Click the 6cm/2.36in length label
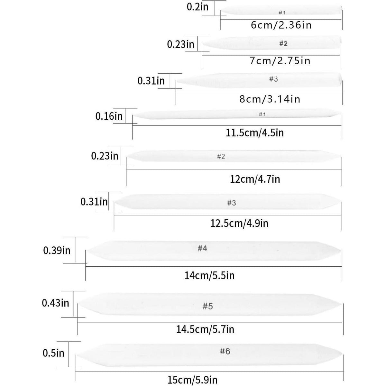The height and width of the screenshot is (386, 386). pos(281,25)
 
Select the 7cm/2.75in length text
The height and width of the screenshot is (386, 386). pos(280,61)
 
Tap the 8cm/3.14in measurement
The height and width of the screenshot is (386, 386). pos(270,99)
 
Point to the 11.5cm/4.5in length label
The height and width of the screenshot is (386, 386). pos(255,133)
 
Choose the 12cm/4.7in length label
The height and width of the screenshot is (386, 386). pos(255,179)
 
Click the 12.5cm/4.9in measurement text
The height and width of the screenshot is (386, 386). pos(239,223)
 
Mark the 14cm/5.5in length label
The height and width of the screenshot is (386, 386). pos(209,275)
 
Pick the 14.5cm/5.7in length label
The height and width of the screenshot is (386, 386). pos(205,329)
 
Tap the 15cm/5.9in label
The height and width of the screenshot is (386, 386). pos(192,380)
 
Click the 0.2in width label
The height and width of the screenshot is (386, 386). pos(198,7)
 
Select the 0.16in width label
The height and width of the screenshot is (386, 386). pos(109,116)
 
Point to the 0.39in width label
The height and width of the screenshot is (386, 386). pos(57,250)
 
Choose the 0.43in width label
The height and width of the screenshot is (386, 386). pos(55,303)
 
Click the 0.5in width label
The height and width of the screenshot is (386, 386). pos(53,353)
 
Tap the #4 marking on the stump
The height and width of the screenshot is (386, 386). pos(202,248)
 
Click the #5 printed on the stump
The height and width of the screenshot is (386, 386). pos(207,306)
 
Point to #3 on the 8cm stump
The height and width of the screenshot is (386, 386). pos(273,79)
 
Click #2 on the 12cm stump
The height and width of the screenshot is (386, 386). pos(221,157)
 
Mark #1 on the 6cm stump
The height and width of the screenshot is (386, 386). pos(282,13)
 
